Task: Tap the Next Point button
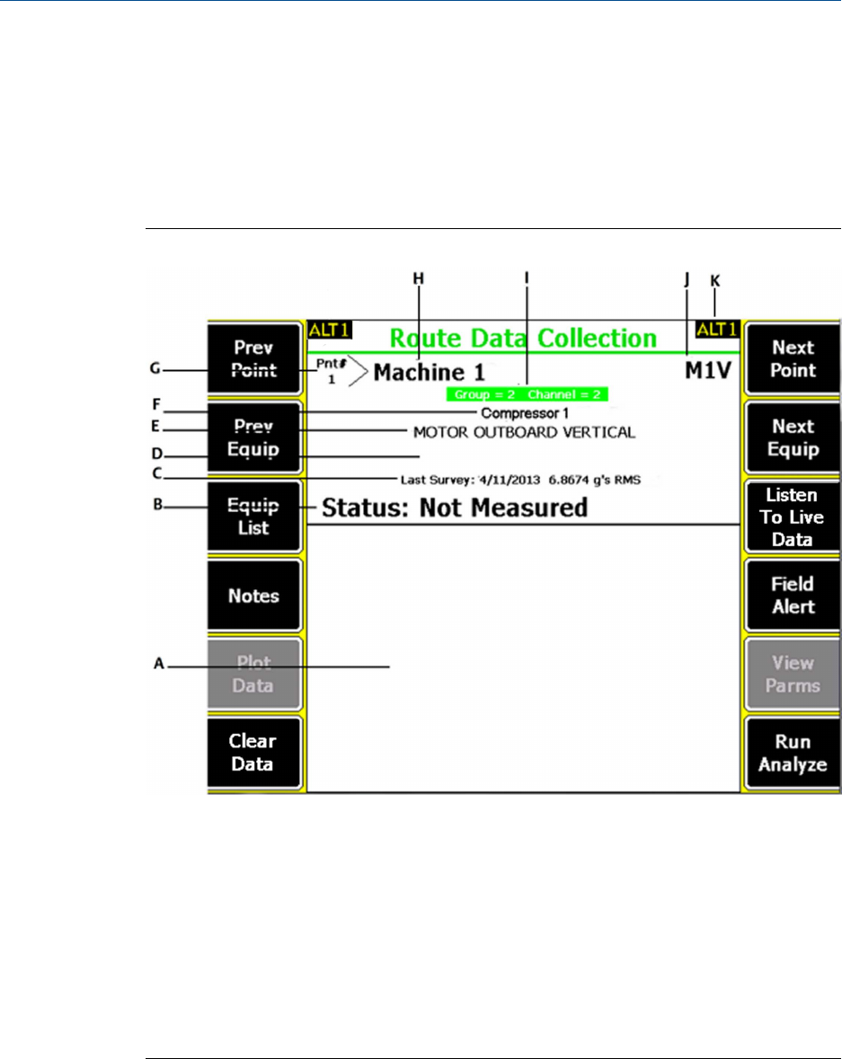(x=793, y=358)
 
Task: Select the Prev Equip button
(x=253, y=437)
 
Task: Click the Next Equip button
(x=793, y=437)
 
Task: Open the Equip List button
(x=253, y=516)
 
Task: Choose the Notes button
(x=253, y=596)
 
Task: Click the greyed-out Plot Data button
(x=253, y=675)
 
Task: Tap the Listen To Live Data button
(x=793, y=516)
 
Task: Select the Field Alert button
(x=793, y=596)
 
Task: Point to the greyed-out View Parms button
(x=793, y=675)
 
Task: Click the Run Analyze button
(x=793, y=754)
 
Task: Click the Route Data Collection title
(x=522, y=339)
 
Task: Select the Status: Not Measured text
(x=454, y=508)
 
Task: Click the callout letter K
(x=714, y=280)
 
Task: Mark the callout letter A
(x=158, y=663)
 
